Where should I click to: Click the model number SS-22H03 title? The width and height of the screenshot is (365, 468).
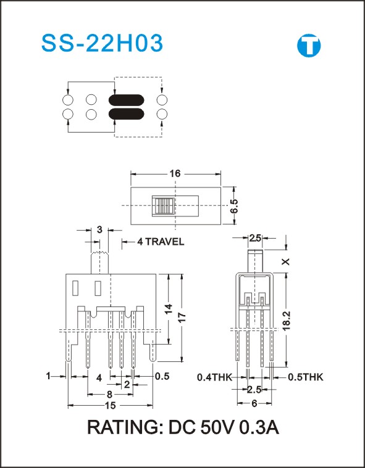103,43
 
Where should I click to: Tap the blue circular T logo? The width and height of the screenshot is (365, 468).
309,46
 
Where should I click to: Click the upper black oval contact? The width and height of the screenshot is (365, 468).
126,100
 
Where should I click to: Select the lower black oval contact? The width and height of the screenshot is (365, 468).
126,113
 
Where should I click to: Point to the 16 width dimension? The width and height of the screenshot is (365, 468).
176,173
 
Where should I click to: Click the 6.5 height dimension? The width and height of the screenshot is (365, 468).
234,206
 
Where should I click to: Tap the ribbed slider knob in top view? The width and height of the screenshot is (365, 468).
163,206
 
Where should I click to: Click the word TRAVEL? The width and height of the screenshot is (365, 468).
165,242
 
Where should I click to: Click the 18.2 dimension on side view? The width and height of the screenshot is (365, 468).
287,319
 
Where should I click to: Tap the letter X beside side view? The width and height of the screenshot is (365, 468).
287,261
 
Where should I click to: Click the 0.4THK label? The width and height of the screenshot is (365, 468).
215,377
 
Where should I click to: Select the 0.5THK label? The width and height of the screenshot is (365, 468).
306,377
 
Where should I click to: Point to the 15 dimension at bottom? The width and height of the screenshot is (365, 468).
111,406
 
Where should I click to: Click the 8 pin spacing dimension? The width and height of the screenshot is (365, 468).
109,395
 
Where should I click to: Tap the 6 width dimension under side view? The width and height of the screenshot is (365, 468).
254,403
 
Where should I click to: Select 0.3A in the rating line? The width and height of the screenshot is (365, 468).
259,428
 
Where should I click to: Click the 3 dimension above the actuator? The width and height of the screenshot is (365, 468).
99,230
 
